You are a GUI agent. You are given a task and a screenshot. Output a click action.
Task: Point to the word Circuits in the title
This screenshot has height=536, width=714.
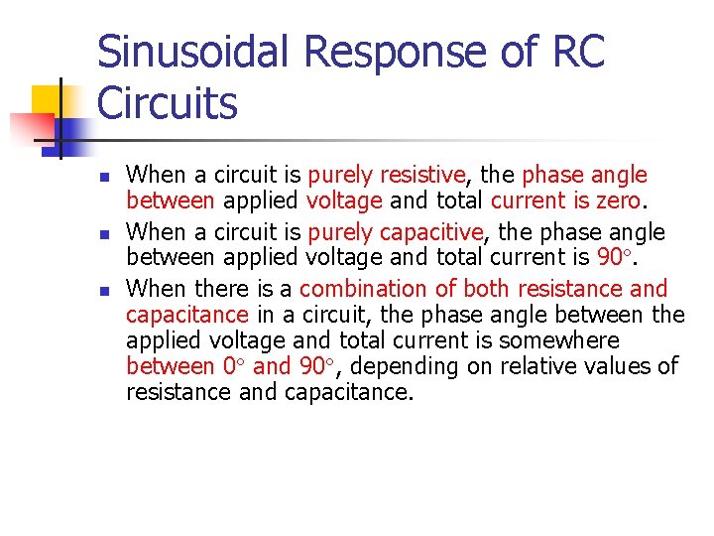click(168, 103)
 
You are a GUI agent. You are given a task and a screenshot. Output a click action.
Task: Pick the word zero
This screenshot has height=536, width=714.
click(616, 201)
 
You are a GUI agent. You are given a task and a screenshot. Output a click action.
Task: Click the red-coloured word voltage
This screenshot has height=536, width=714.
click(344, 201)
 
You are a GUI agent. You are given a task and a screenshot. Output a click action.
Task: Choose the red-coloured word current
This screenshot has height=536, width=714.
click(527, 201)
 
